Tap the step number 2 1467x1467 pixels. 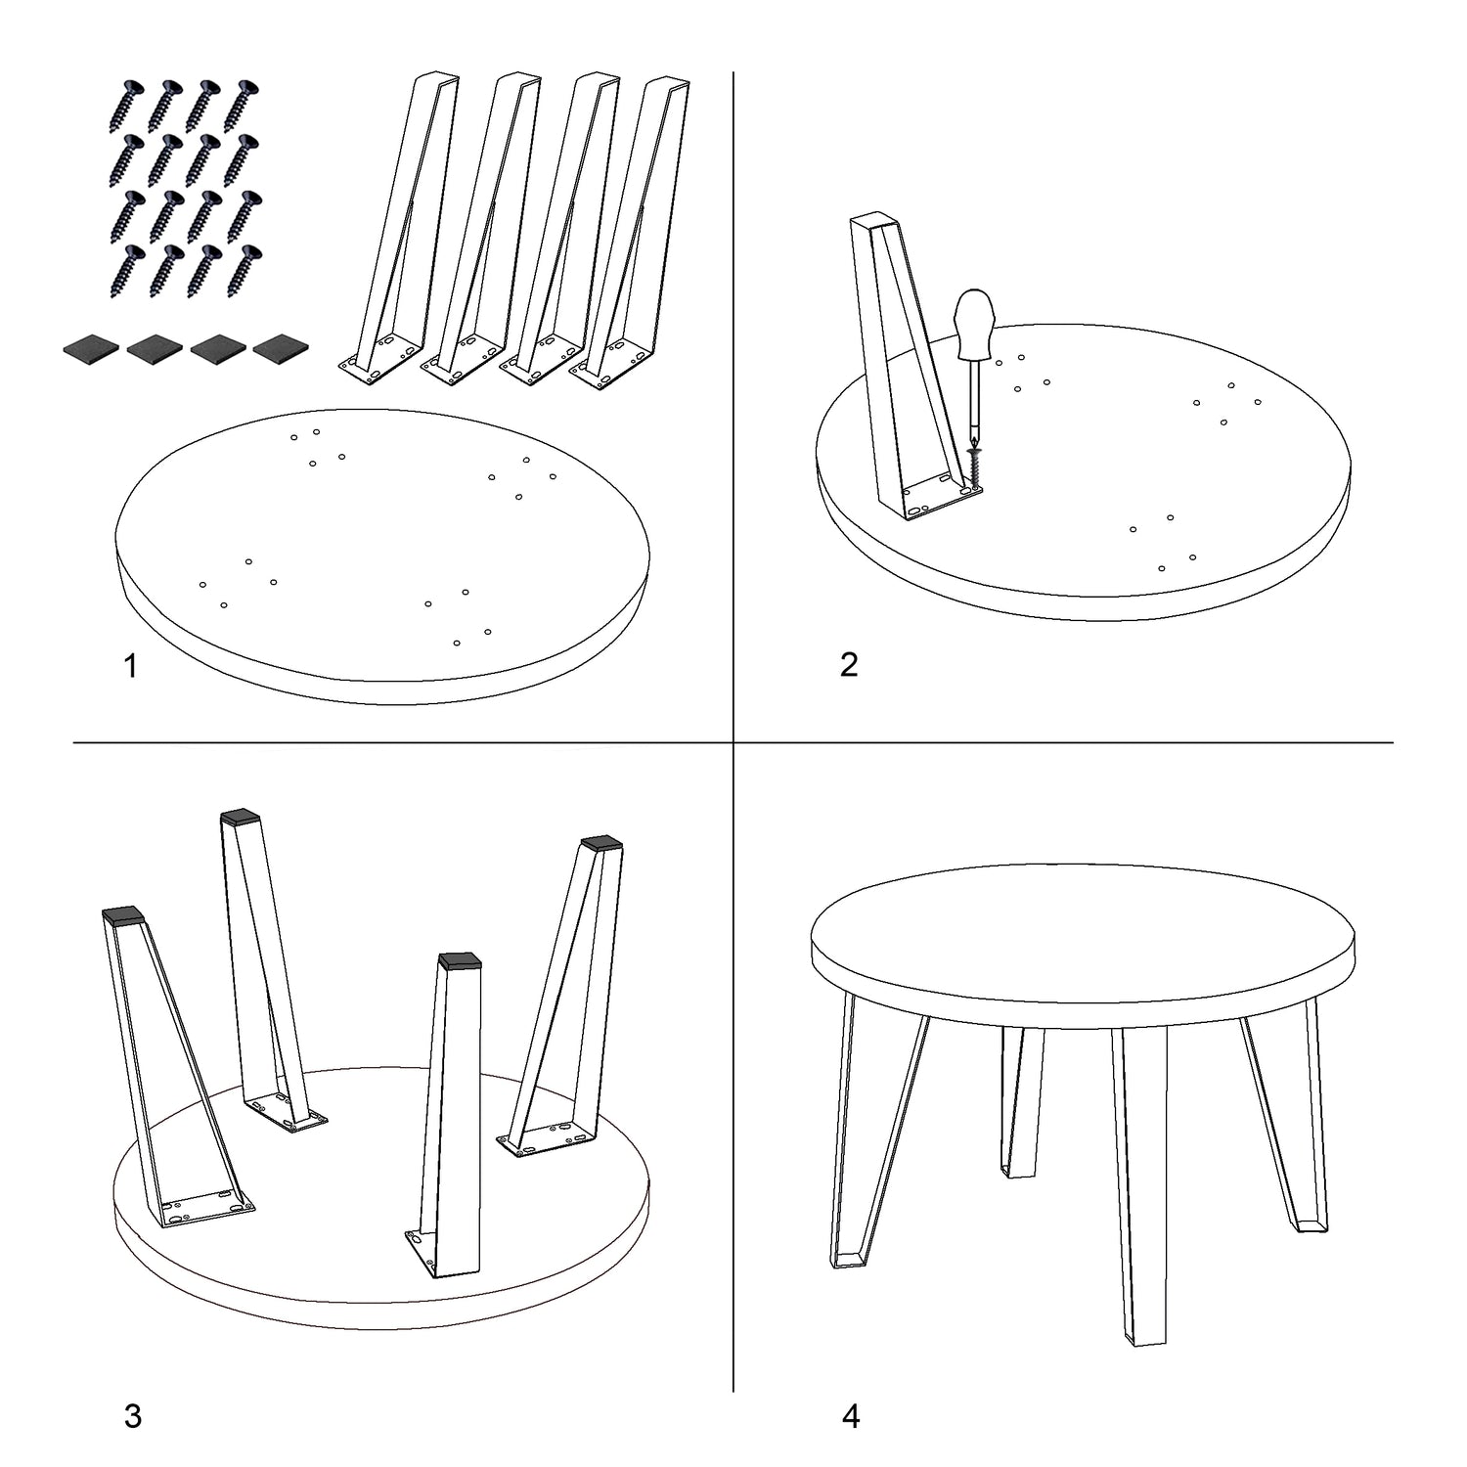(849, 664)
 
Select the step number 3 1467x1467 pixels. (133, 1415)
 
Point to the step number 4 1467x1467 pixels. (851, 1415)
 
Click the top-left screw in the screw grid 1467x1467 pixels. (128, 105)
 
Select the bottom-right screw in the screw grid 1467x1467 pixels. (244, 270)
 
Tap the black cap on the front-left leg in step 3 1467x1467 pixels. (123, 916)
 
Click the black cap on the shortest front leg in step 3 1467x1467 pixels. (461, 959)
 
